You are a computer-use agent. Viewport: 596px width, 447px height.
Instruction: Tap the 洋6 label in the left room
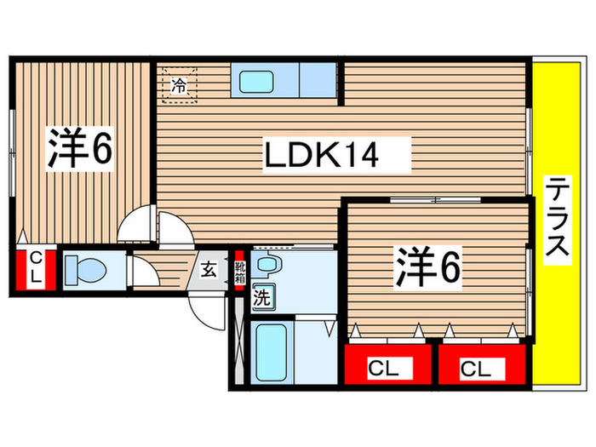coord(79,148)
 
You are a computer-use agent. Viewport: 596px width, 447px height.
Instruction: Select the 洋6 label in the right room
coord(427,268)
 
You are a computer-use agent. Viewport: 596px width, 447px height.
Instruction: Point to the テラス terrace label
coord(558,217)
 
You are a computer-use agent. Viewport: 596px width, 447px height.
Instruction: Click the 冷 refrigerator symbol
coord(179,85)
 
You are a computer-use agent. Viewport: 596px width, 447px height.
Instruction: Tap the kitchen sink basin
coord(255,82)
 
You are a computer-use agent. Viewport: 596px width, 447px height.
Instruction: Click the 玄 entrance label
coord(208,271)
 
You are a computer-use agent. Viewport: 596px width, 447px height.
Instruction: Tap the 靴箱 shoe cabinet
coord(240,271)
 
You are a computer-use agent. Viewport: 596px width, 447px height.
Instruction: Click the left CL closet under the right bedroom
coord(389,368)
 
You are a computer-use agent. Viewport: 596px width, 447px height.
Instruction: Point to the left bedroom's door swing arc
coord(136,228)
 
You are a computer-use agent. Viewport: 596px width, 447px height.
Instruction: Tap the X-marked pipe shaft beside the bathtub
coord(239,351)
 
